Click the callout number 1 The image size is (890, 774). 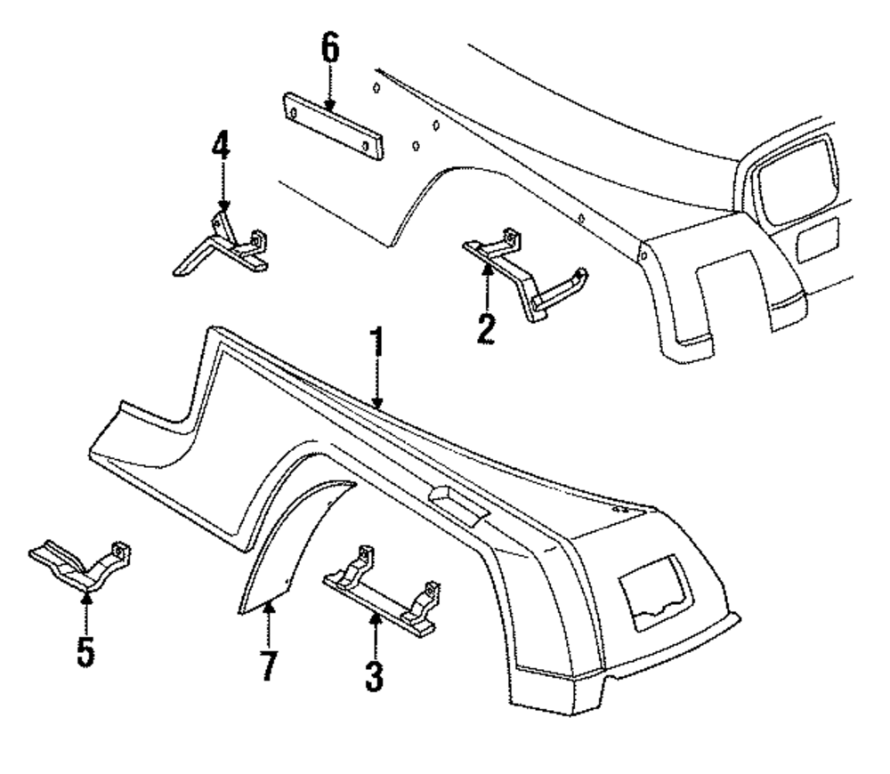tap(376, 345)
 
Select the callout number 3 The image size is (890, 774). tap(375, 675)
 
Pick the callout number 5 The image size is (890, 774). tap(85, 652)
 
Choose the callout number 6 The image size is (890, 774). tap(330, 51)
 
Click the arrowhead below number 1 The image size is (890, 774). tap(377, 404)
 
